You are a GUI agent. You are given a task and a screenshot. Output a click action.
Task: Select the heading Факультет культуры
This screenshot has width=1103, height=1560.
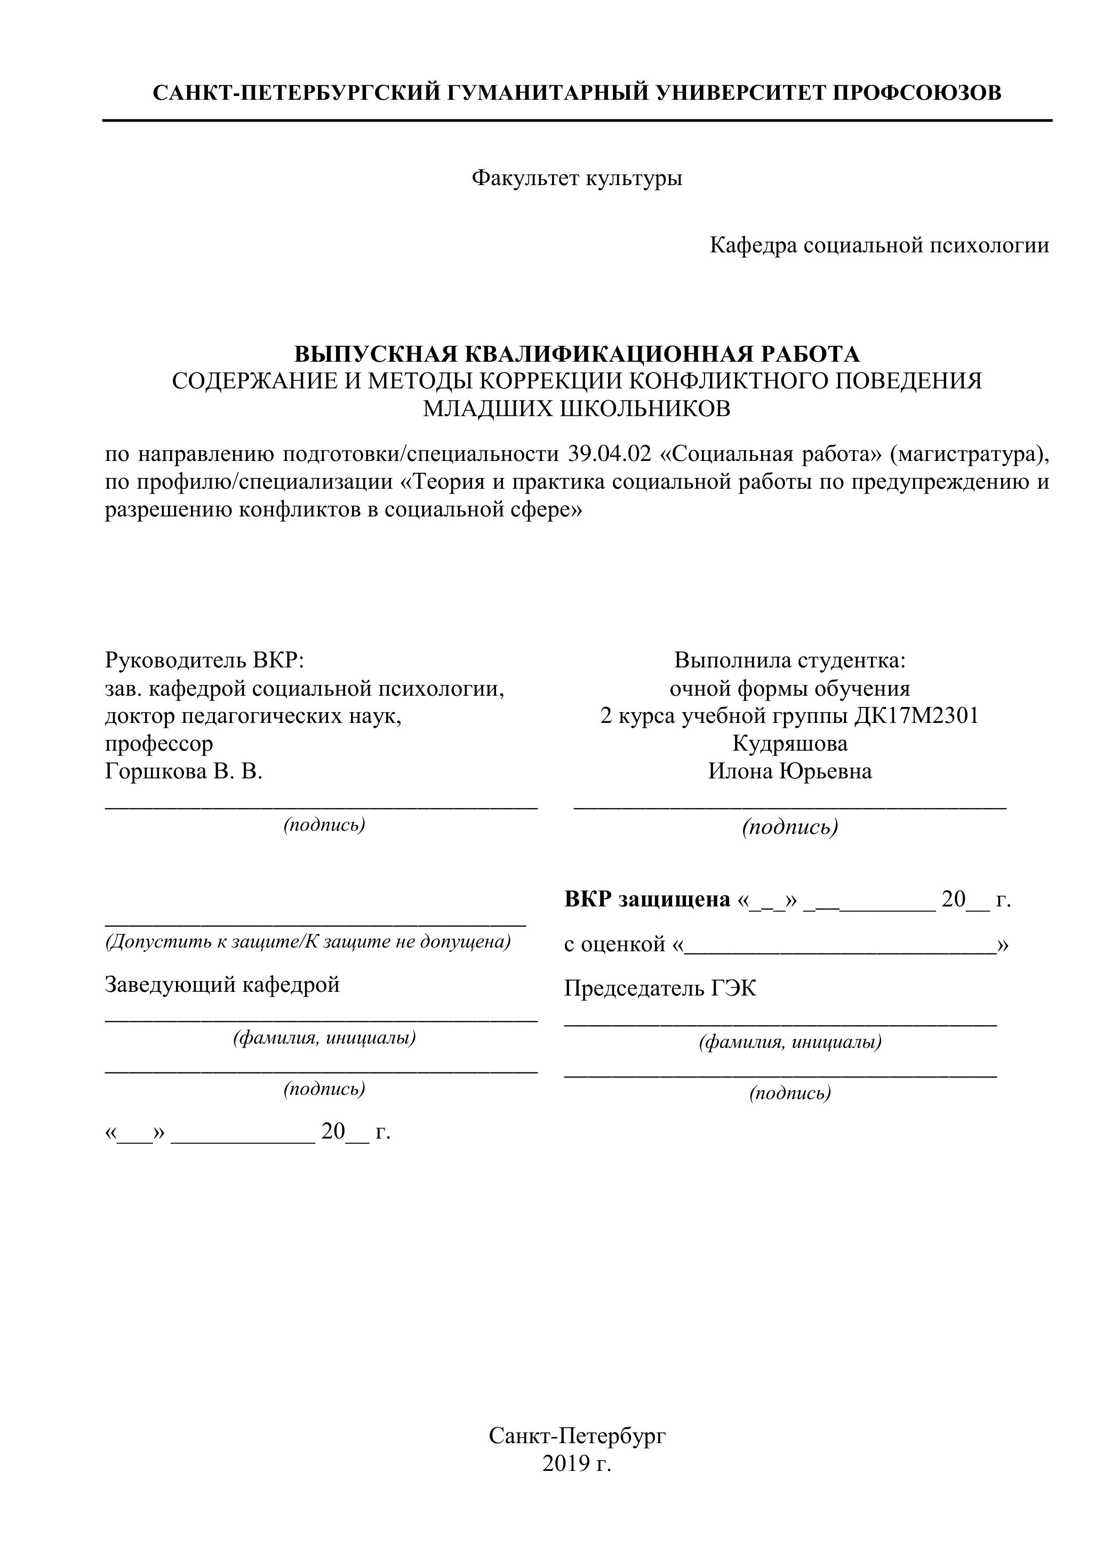(x=577, y=179)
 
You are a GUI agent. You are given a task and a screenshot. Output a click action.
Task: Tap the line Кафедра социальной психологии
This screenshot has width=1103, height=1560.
(x=879, y=245)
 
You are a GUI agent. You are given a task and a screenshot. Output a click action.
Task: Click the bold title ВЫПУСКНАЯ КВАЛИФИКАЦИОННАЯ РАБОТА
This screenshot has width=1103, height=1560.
(x=577, y=354)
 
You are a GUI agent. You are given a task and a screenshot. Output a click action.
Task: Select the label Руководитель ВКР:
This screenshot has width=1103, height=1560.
(x=204, y=660)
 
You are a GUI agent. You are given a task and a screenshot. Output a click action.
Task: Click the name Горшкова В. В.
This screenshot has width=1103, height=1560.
(x=183, y=771)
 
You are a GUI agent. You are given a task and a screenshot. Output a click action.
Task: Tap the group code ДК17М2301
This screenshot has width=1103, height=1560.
(x=916, y=715)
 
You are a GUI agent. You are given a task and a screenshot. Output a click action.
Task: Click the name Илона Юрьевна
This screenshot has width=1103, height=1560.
(x=790, y=771)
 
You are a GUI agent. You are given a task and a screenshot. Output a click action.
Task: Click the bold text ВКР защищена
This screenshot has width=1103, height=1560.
(x=648, y=900)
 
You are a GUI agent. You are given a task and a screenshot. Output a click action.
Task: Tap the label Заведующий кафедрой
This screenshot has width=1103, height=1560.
(x=222, y=984)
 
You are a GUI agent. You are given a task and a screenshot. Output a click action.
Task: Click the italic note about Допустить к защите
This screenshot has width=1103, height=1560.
(x=308, y=942)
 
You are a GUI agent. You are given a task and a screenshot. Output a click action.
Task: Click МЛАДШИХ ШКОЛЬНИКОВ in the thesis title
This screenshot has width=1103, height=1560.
(x=577, y=409)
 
